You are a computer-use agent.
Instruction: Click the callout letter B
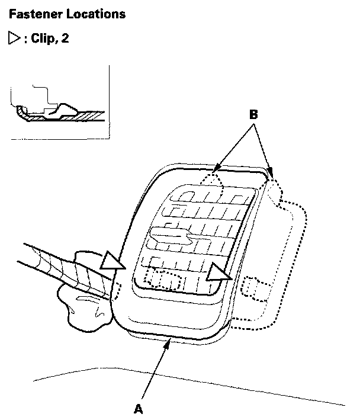tap(253, 115)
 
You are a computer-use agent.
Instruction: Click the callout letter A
tap(139, 408)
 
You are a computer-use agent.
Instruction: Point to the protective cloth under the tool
tap(83, 299)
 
